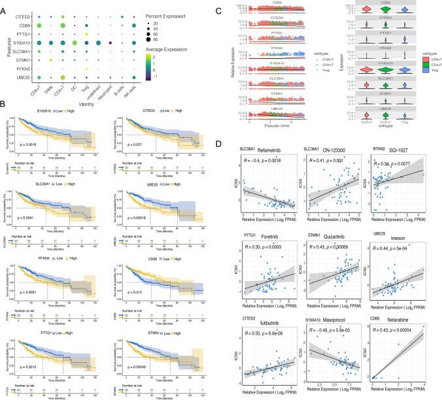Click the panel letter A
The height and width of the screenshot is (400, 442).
[5, 4]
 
